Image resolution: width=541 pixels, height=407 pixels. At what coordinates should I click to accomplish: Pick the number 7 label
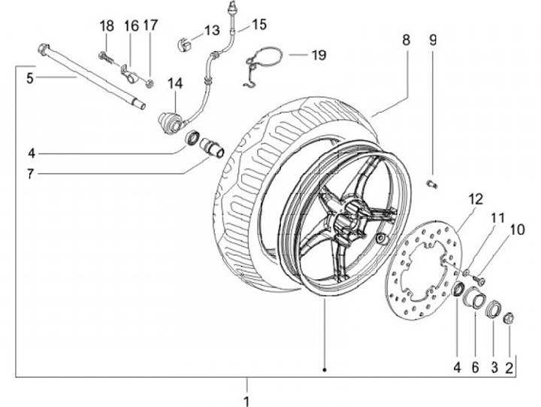(31, 174)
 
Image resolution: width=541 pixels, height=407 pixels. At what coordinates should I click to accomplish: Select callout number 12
(474, 199)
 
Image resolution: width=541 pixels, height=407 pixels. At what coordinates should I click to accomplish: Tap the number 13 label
(211, 31)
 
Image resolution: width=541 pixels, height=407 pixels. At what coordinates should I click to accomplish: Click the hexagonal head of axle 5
(42, 51)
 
